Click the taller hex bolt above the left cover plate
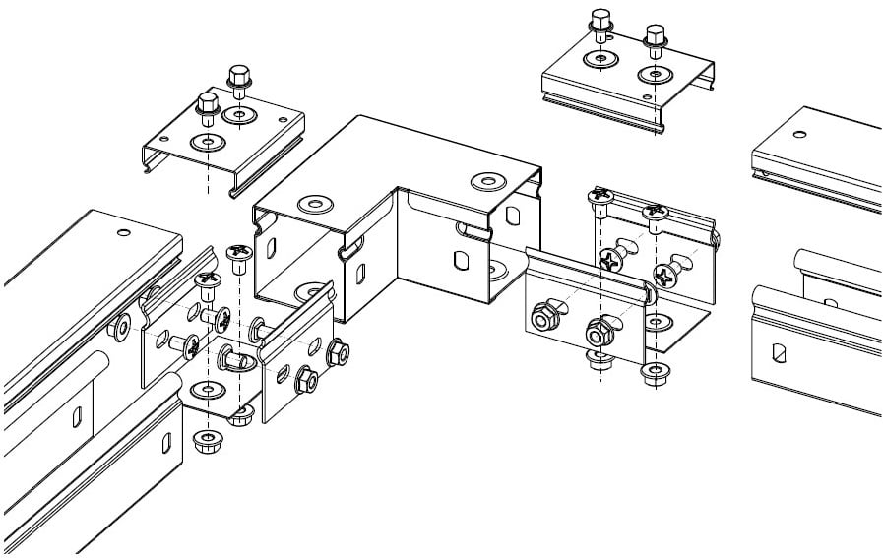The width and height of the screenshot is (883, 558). pos(237,78)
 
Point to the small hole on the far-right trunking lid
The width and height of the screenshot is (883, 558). pos(800,132)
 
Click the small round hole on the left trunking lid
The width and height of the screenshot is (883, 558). pos(124,233)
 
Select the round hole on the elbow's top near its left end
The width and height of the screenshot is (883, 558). pos(314,205)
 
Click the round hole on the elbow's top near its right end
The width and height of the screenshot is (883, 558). pos(486,181)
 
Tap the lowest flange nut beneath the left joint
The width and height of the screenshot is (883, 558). pos(208,437)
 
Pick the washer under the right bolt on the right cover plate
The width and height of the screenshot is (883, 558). pos(653,73)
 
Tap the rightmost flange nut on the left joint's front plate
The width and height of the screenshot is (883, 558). pos(337,349)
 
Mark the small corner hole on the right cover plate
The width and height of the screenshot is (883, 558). pos(647,95)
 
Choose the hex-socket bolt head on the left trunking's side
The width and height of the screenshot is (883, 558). pos(122,327)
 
